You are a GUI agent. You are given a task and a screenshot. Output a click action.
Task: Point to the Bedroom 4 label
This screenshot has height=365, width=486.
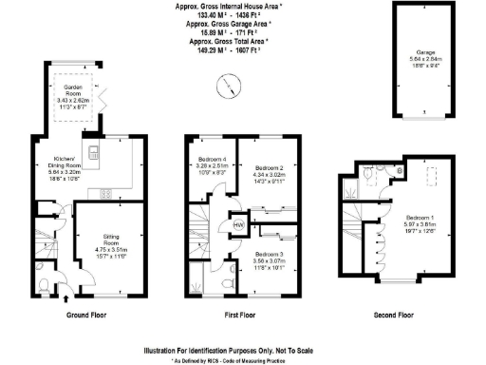(x=211, y=161)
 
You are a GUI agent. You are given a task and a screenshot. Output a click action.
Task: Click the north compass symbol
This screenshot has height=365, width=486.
(x=226, y=87)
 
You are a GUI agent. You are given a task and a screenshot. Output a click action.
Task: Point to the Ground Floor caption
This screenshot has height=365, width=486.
(x=91, y=314)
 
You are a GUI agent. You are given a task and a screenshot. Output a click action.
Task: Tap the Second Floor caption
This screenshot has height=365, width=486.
(x=393, y=314)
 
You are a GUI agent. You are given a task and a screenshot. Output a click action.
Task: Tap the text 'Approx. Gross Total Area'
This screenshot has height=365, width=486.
(x=228, y=43)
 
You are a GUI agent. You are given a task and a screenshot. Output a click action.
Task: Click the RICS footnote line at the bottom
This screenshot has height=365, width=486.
(x=243, y=361)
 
